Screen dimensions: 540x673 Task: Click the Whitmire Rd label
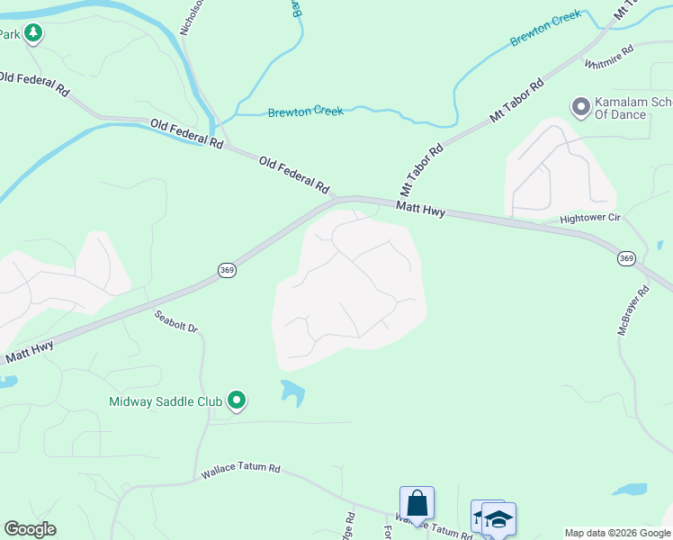click(609, 57)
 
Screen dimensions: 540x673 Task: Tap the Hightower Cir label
click(590, 218)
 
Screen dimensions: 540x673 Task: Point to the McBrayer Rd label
click(633, 311)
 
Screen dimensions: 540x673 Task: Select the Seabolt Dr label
click(175, 320)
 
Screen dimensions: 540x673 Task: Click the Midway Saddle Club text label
click(166, 401)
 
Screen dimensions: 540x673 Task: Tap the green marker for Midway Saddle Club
click(237, 400)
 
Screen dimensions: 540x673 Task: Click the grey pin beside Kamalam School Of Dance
click(580, 108)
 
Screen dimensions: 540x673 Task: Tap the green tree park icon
click(33, 34)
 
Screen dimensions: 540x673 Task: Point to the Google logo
click(30, 529)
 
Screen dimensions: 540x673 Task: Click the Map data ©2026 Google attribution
click(616, 533)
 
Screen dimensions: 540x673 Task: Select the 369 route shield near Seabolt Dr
click(227, 270)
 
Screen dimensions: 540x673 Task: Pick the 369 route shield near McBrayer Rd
click(627, 258)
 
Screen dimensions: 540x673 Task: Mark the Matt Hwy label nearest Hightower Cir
click(421, 209)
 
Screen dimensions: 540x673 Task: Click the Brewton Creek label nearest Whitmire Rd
click(546, 29)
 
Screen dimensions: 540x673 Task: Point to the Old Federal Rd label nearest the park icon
click(34, 84)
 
